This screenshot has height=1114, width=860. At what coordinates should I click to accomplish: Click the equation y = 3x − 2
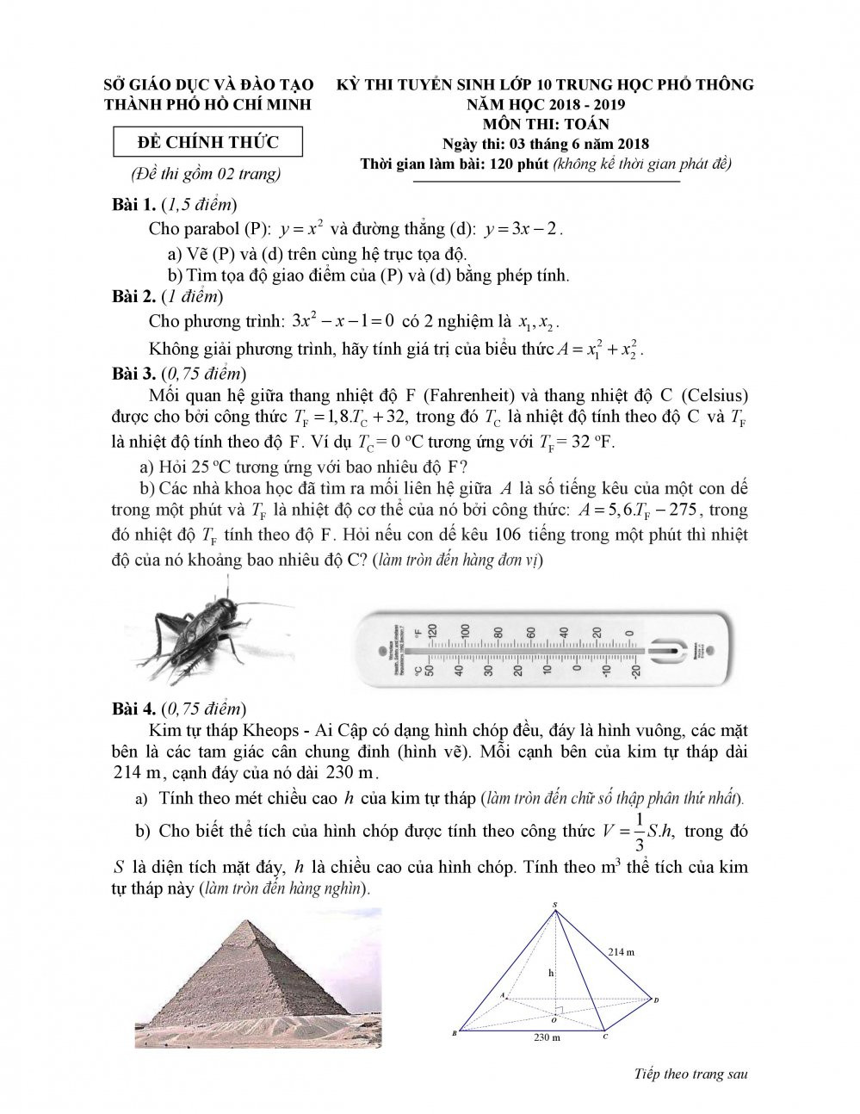pos(523,230)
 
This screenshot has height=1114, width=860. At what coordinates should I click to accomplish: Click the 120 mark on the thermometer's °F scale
pos(433,630)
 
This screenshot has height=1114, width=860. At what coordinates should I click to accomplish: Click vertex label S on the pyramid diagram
pos(555,904)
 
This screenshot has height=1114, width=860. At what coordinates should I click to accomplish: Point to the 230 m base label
pos(546,1038)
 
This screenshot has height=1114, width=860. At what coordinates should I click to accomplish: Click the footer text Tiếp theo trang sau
pos(690,1074)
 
